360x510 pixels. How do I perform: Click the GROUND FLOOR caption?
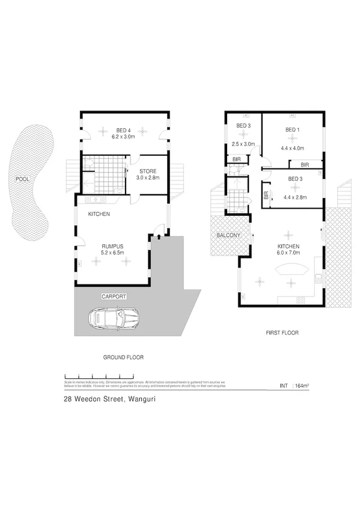(x=124, y=357)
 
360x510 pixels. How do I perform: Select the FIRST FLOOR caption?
(x=282, y=333)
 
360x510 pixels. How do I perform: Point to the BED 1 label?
(x=292, y=130)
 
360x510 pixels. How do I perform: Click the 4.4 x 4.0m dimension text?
(x=292, y=147)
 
